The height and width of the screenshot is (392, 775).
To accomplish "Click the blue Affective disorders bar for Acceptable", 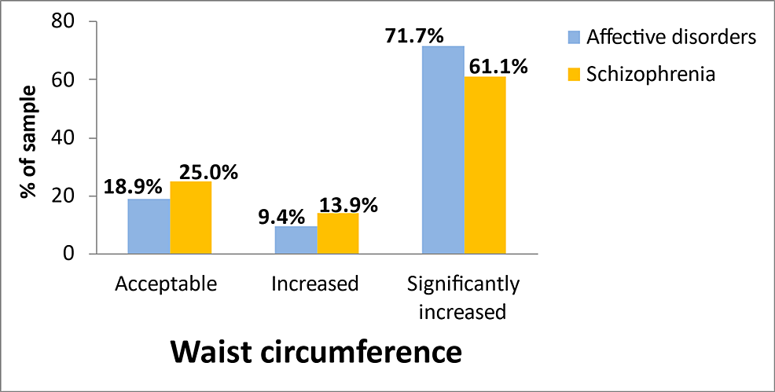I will [149, 226].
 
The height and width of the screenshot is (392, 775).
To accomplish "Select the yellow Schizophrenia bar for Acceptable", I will [191, 218].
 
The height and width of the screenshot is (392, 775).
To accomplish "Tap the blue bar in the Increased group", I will [296, 240].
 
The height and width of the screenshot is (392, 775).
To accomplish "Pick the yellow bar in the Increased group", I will [338, 233].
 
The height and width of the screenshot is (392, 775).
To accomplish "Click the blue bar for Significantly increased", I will [443, 150].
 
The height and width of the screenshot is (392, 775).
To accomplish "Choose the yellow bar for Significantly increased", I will [485, 165].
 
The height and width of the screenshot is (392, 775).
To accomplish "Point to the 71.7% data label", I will [415, 35].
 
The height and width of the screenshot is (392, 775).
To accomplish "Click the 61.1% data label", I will [499, 66].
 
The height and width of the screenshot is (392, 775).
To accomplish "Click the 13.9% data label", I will [348, 206].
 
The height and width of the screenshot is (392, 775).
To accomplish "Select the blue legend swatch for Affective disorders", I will [573, 38].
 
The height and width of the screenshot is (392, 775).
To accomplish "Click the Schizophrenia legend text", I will [651, 75].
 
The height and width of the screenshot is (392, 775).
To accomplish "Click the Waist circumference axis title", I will [316, 351].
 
